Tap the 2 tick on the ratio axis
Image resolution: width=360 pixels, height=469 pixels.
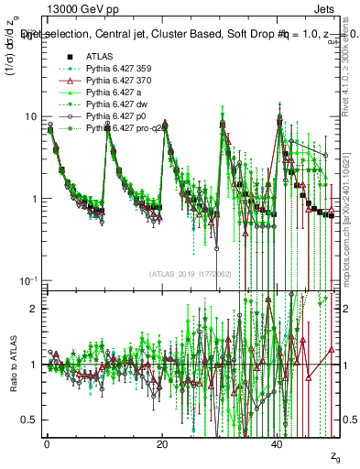(34, 309)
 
